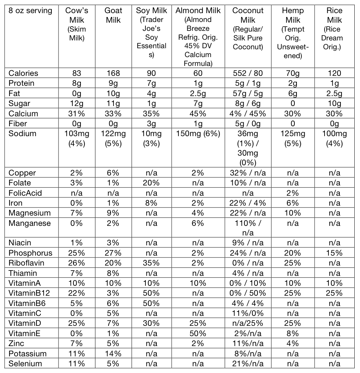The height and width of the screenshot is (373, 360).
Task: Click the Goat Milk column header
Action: point(113,15)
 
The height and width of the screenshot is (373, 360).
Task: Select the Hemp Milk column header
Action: point(293,15)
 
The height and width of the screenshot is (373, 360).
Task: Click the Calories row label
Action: point(23,73)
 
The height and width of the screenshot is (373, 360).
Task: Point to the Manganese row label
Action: point(29,223)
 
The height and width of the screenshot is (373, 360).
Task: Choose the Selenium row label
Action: point(25,363)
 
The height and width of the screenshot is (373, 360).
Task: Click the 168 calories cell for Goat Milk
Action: point(113,73)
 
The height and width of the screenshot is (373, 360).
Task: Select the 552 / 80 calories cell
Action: point(248,73)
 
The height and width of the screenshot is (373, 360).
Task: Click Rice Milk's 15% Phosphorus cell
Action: point(334,253)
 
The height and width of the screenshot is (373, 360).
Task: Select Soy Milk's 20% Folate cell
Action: point(151,183)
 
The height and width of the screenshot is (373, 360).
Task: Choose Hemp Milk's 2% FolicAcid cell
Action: point(293,193)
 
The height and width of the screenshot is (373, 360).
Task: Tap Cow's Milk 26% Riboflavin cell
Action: point(77,263)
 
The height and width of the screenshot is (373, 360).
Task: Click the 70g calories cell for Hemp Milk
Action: point(293,73)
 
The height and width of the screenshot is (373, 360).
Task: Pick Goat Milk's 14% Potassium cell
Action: point(113,353)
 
